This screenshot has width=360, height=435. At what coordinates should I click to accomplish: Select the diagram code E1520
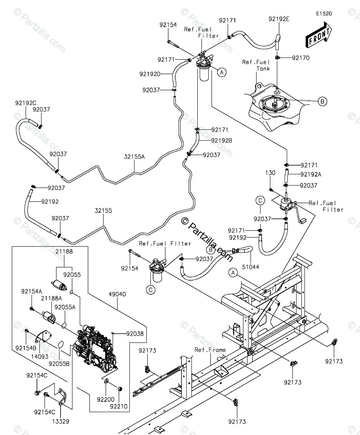(324, 14)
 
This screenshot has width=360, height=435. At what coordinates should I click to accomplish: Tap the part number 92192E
(279, 19)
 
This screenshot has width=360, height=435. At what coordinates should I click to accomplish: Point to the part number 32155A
(134, 157)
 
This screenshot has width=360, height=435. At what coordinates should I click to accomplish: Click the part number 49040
(117, 294)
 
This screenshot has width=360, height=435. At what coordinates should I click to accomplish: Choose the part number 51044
(251, 267)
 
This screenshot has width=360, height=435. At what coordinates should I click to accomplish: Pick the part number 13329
(61, 422)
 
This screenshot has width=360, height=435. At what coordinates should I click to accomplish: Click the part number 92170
(301, 58)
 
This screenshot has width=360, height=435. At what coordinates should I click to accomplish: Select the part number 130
(270, 173)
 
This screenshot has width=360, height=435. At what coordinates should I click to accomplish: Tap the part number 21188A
(51, 298)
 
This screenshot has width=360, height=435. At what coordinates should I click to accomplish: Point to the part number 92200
(105, 399)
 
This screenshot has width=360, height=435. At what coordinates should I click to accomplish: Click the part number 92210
(119, 406)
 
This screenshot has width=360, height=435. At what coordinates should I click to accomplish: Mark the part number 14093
(40, 356)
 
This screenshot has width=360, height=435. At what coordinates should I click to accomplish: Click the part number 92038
(135, 334)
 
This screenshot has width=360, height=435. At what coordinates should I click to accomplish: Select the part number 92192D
(150, 74)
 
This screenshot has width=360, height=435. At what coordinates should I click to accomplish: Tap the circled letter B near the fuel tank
(322, 101)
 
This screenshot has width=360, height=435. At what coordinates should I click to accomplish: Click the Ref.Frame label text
(210, 350)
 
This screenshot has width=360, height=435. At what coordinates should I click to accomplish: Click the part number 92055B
(59, 364)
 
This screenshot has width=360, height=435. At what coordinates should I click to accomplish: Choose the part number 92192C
(26, 103)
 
